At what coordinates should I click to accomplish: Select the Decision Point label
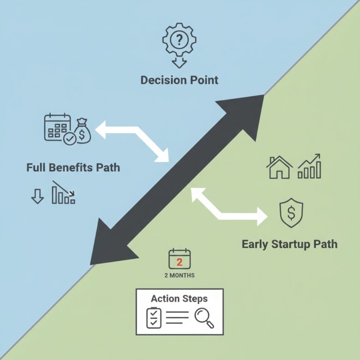point(179,80)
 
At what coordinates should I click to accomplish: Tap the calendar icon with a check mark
point(58,128)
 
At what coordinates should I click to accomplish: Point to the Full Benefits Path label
point(73,167)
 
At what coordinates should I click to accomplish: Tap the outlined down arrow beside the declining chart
point(37,196)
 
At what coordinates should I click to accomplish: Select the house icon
point(279,167)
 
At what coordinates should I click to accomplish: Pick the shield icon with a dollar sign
point(291,214)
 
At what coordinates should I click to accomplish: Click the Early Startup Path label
point(289,244)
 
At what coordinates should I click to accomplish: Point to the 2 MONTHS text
point(180,276)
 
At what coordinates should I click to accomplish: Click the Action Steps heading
point(179,298)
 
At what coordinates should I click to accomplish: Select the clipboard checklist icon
point(154,318)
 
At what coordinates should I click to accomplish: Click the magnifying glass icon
point(204,318)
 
